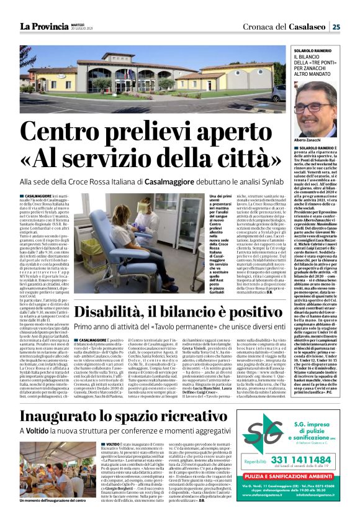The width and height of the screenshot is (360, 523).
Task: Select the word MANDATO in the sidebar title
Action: click(330, 77)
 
